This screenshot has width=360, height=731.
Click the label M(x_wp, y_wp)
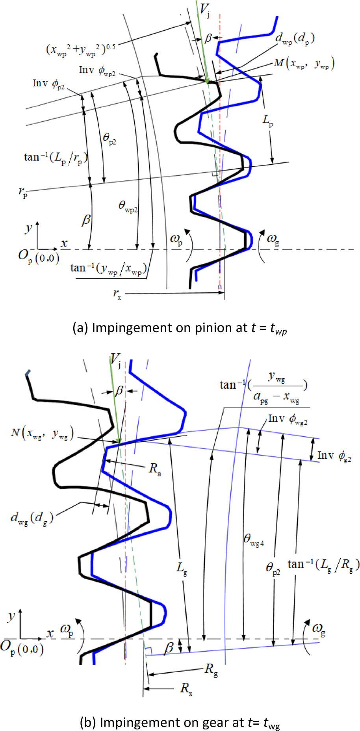[x=304, y=63]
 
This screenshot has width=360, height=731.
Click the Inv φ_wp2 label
[x=97, y=71]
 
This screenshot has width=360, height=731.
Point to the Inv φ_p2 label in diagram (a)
[x=48, y=84]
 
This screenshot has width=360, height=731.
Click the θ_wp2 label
[x=128, y=206]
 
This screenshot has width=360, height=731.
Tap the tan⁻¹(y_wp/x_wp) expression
[x=108, y=268]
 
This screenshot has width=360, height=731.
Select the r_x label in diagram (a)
[x=117, y=294]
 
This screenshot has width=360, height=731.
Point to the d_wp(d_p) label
[x=295, y=39]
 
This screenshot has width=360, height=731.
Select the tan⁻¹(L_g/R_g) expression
[x=323, y=565]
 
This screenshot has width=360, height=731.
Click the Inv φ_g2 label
[x=334, y=456]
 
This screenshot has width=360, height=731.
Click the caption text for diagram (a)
[x=180, y=328]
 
